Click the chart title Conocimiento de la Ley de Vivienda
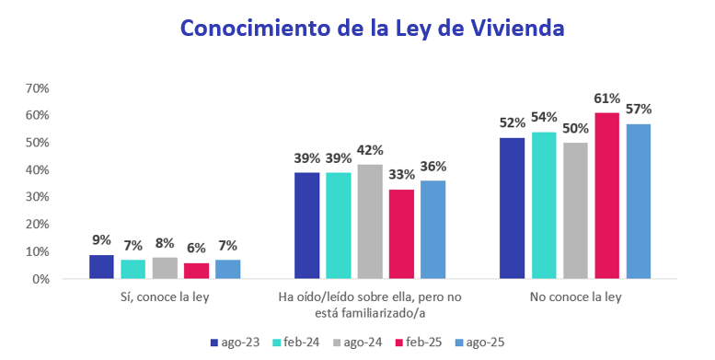pos(372,29)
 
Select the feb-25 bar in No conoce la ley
pos(606,195)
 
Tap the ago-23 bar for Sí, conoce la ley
pos(101,266)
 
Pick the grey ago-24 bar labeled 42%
pos(370,221)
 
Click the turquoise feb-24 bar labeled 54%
pos(544,204)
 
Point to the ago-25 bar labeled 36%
pos(432,229)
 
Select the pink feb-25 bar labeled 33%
pos(401,234)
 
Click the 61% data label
pos(606,99)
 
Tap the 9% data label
pos(101,240)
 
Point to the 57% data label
pos(638,110)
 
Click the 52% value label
pos(513,122)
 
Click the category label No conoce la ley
pos(575,297)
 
